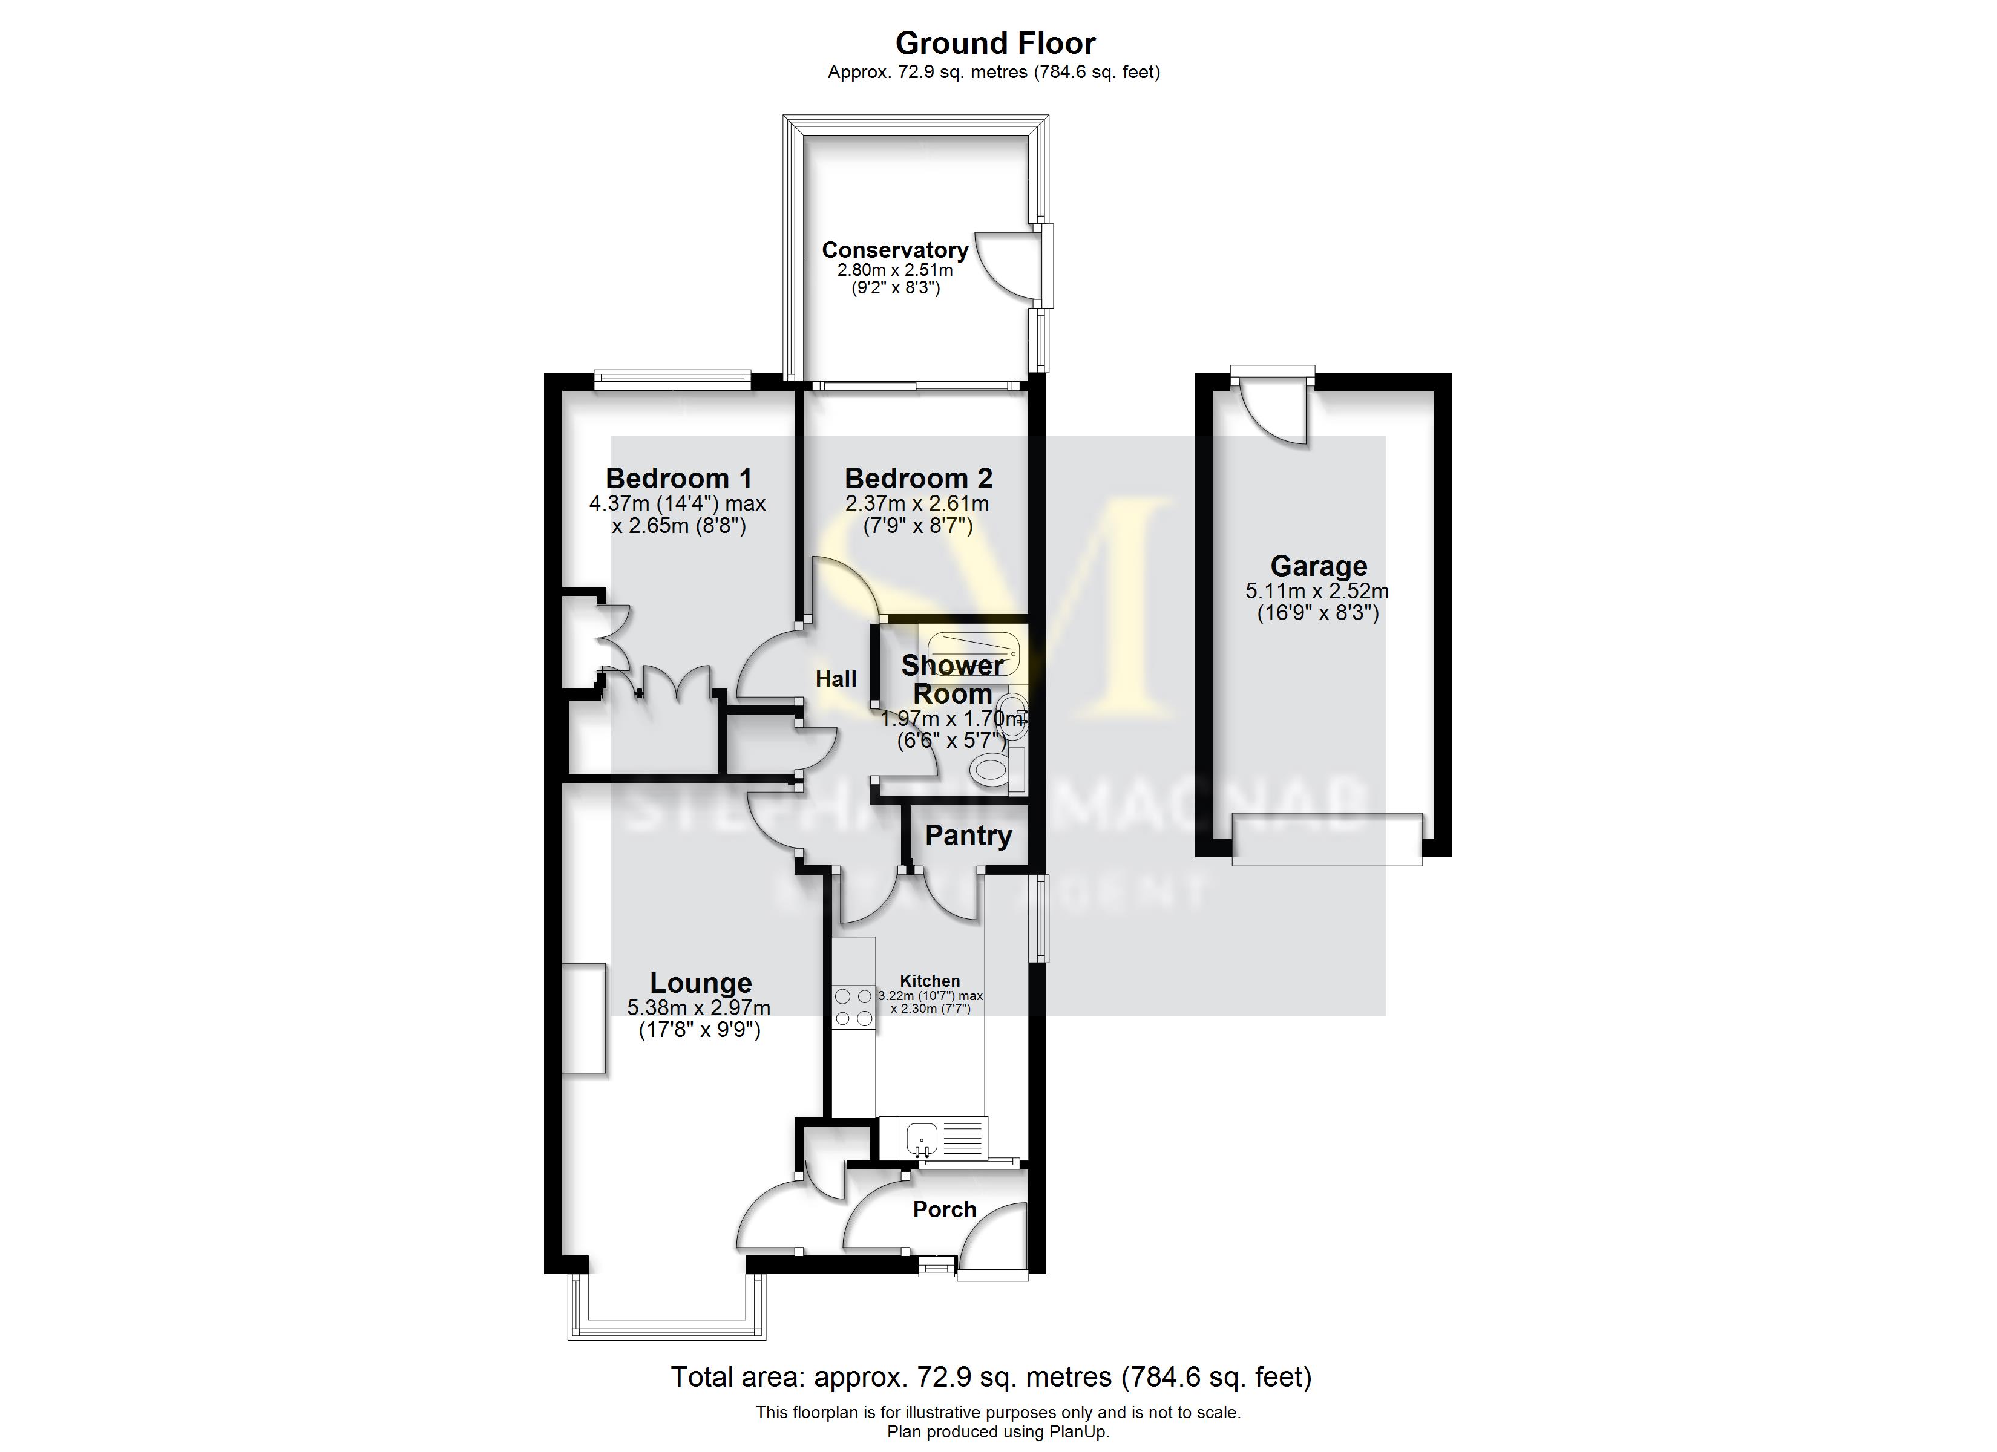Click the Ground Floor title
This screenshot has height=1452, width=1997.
pos(995,43)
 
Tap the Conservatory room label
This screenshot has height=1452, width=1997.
pos(894,250)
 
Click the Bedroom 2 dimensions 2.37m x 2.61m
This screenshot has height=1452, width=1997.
pos(917,505)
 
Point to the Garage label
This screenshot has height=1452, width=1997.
pos(1318,566)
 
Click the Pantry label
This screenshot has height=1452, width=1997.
pos(968,836)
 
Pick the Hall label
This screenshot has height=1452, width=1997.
pos(836,679)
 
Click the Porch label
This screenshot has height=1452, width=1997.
pos(944,1210)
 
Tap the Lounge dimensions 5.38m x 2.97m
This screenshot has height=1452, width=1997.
pos(699,1007)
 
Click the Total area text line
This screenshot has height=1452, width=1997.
pos(991,1377)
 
